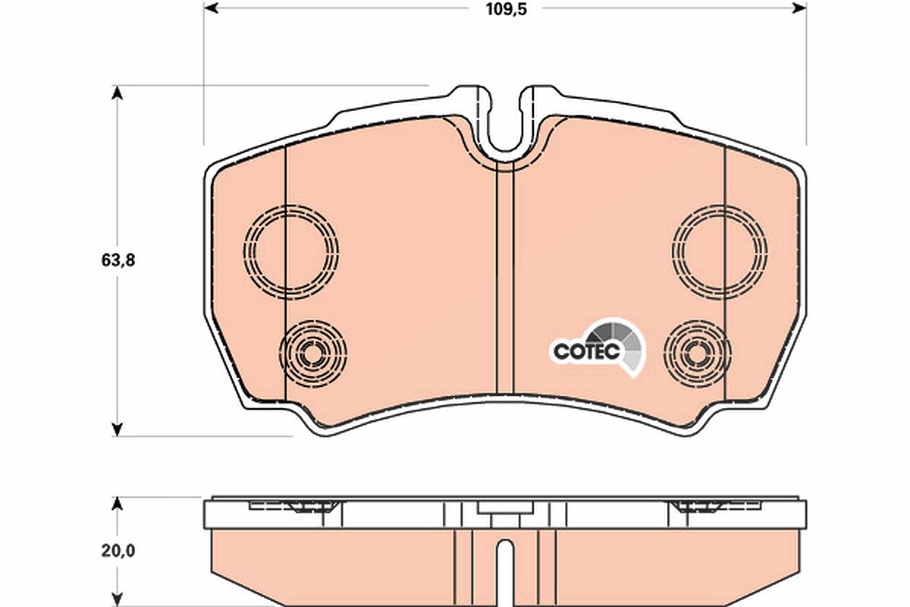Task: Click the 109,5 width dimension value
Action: [507, 9]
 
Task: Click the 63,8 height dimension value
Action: [118, 260]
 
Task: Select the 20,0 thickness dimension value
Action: [118, 551]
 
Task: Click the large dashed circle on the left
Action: [244, 252]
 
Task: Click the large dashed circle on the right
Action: [673, 252]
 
